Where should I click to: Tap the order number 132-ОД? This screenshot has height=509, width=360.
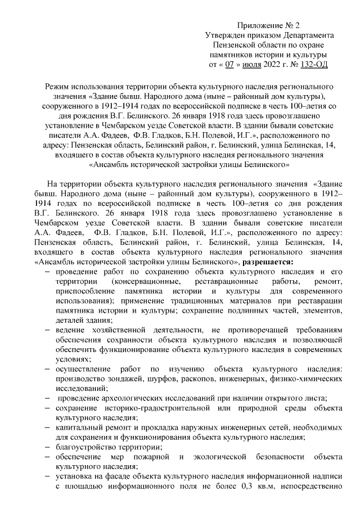[314, 65]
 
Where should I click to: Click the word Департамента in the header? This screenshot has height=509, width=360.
[307, 35]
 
